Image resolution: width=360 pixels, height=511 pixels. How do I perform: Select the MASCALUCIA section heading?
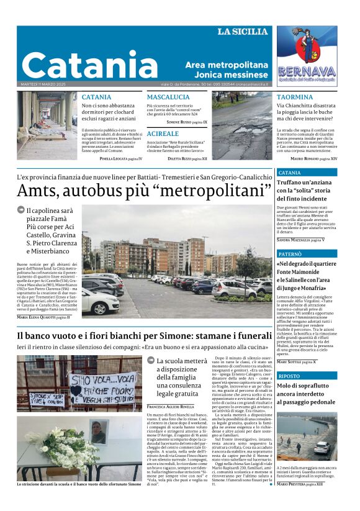tap(168, 97)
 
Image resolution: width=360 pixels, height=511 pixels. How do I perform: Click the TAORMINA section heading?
tap(295, 97)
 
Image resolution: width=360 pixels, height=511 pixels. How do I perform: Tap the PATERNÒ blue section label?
tap(290, 255)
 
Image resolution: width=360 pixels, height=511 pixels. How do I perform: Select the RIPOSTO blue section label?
tap(289, 376)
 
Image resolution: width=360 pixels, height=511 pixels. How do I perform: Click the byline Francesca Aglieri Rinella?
tap(171, 407)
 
